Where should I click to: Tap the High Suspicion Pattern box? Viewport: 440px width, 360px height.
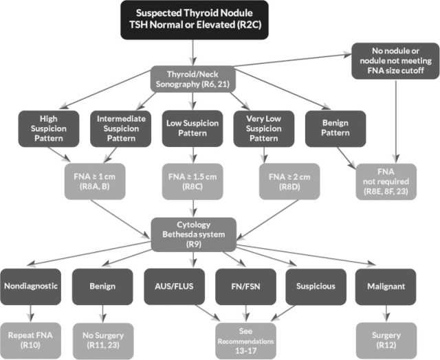pos(43,128)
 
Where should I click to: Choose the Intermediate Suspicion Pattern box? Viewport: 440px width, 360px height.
pos(115,128)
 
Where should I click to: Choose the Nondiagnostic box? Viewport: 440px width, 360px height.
pos(32,284)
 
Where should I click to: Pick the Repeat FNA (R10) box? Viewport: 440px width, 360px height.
pos(32,336)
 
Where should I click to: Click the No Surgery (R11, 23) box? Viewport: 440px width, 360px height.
pos(101,336)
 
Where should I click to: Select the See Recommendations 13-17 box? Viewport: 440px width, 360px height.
pos(247,336)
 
